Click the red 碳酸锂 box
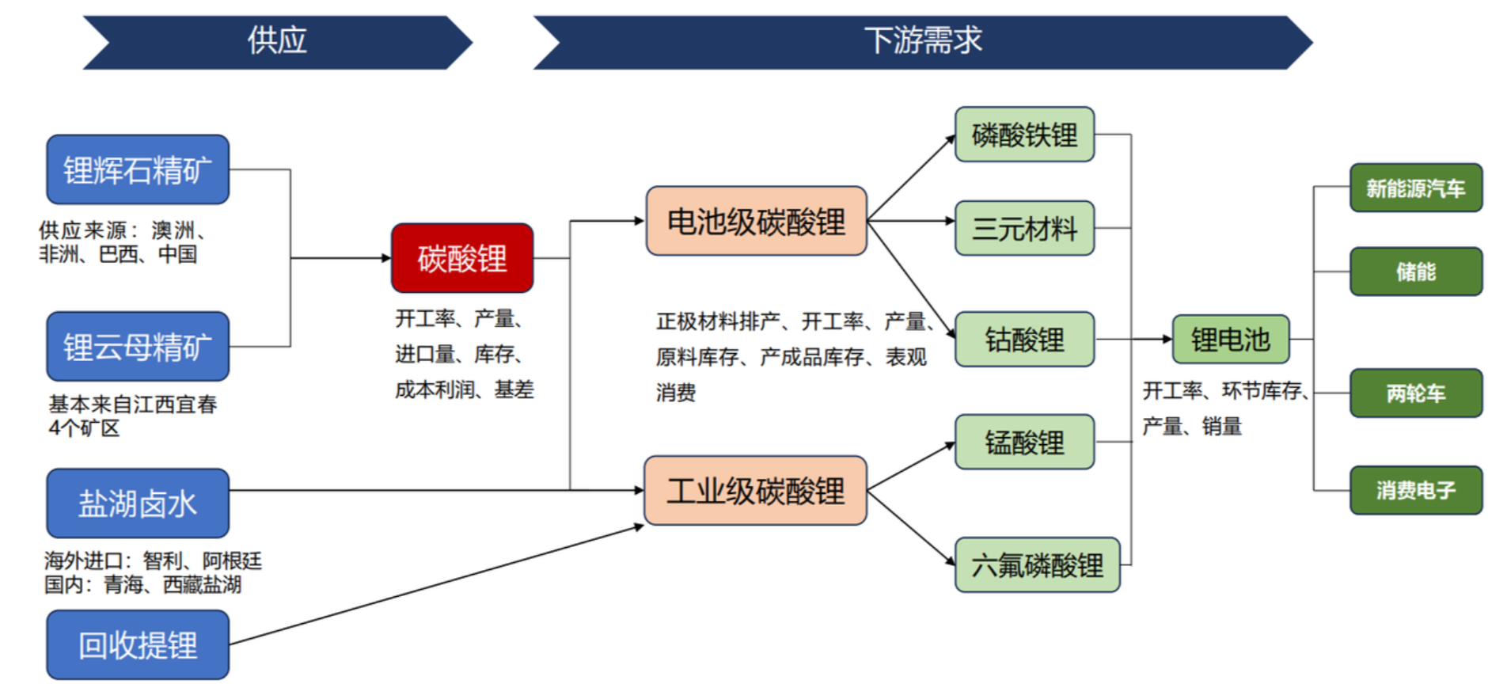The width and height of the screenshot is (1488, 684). tap(462, 258)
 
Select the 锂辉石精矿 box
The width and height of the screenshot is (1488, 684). tap(138, 169)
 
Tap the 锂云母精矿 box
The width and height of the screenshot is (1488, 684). tap(138, 346)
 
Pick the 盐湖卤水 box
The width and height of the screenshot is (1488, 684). tap(138, 503)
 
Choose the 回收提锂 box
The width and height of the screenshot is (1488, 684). tap(138, 644)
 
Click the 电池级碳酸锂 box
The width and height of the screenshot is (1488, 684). tap(756, 221)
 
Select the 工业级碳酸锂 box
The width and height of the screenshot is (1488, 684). tap(755, 490)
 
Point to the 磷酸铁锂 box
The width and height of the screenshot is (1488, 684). tap(1024, 135)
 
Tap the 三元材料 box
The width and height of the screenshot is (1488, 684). tap(1024, 228)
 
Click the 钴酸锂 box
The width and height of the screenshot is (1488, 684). tap(1024, 339)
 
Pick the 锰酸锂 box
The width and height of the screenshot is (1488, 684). tap(1024, 442)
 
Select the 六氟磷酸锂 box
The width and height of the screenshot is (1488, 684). tap(1037, 564)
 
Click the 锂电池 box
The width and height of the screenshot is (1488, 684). tap(1230, 339)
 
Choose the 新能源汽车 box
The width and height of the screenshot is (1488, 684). tap(1415, 188)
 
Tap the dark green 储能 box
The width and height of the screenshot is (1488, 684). tap(1415, 272)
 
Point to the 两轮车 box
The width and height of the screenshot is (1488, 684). tap(1415, 393)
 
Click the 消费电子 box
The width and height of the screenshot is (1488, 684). tap(1415, 490)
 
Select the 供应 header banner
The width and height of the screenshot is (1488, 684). tap(277, 41)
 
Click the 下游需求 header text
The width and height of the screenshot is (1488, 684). tap(923, 40)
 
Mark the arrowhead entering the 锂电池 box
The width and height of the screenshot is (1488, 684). tap(1167, 339)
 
